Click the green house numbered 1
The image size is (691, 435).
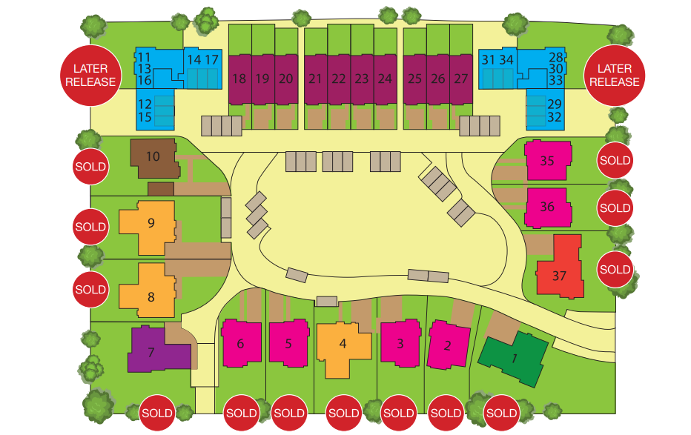pyautogui.click(x=514, y=359)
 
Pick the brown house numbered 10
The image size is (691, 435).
pyautogui.click(x=153, y=157)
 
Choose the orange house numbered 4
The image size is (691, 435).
pyautogui.click(x=343, y=345)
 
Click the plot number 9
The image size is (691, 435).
pyautogui.click(x=151, y=222)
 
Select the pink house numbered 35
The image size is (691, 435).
pyautogui.click(x=547, y=161)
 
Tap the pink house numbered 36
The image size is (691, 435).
pyautogui.click(x=548, y=207)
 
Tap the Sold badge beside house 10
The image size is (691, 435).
pyautogui.click(x=90, y=167)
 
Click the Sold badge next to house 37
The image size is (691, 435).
pyautogui.click(x=615, y=269)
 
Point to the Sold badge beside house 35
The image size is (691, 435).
pyautogui.click(x=615, y=160)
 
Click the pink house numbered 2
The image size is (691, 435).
pyautogui.click(x=448, y=345)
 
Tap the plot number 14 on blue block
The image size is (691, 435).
pyautogui.click(x=194, y=59)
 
